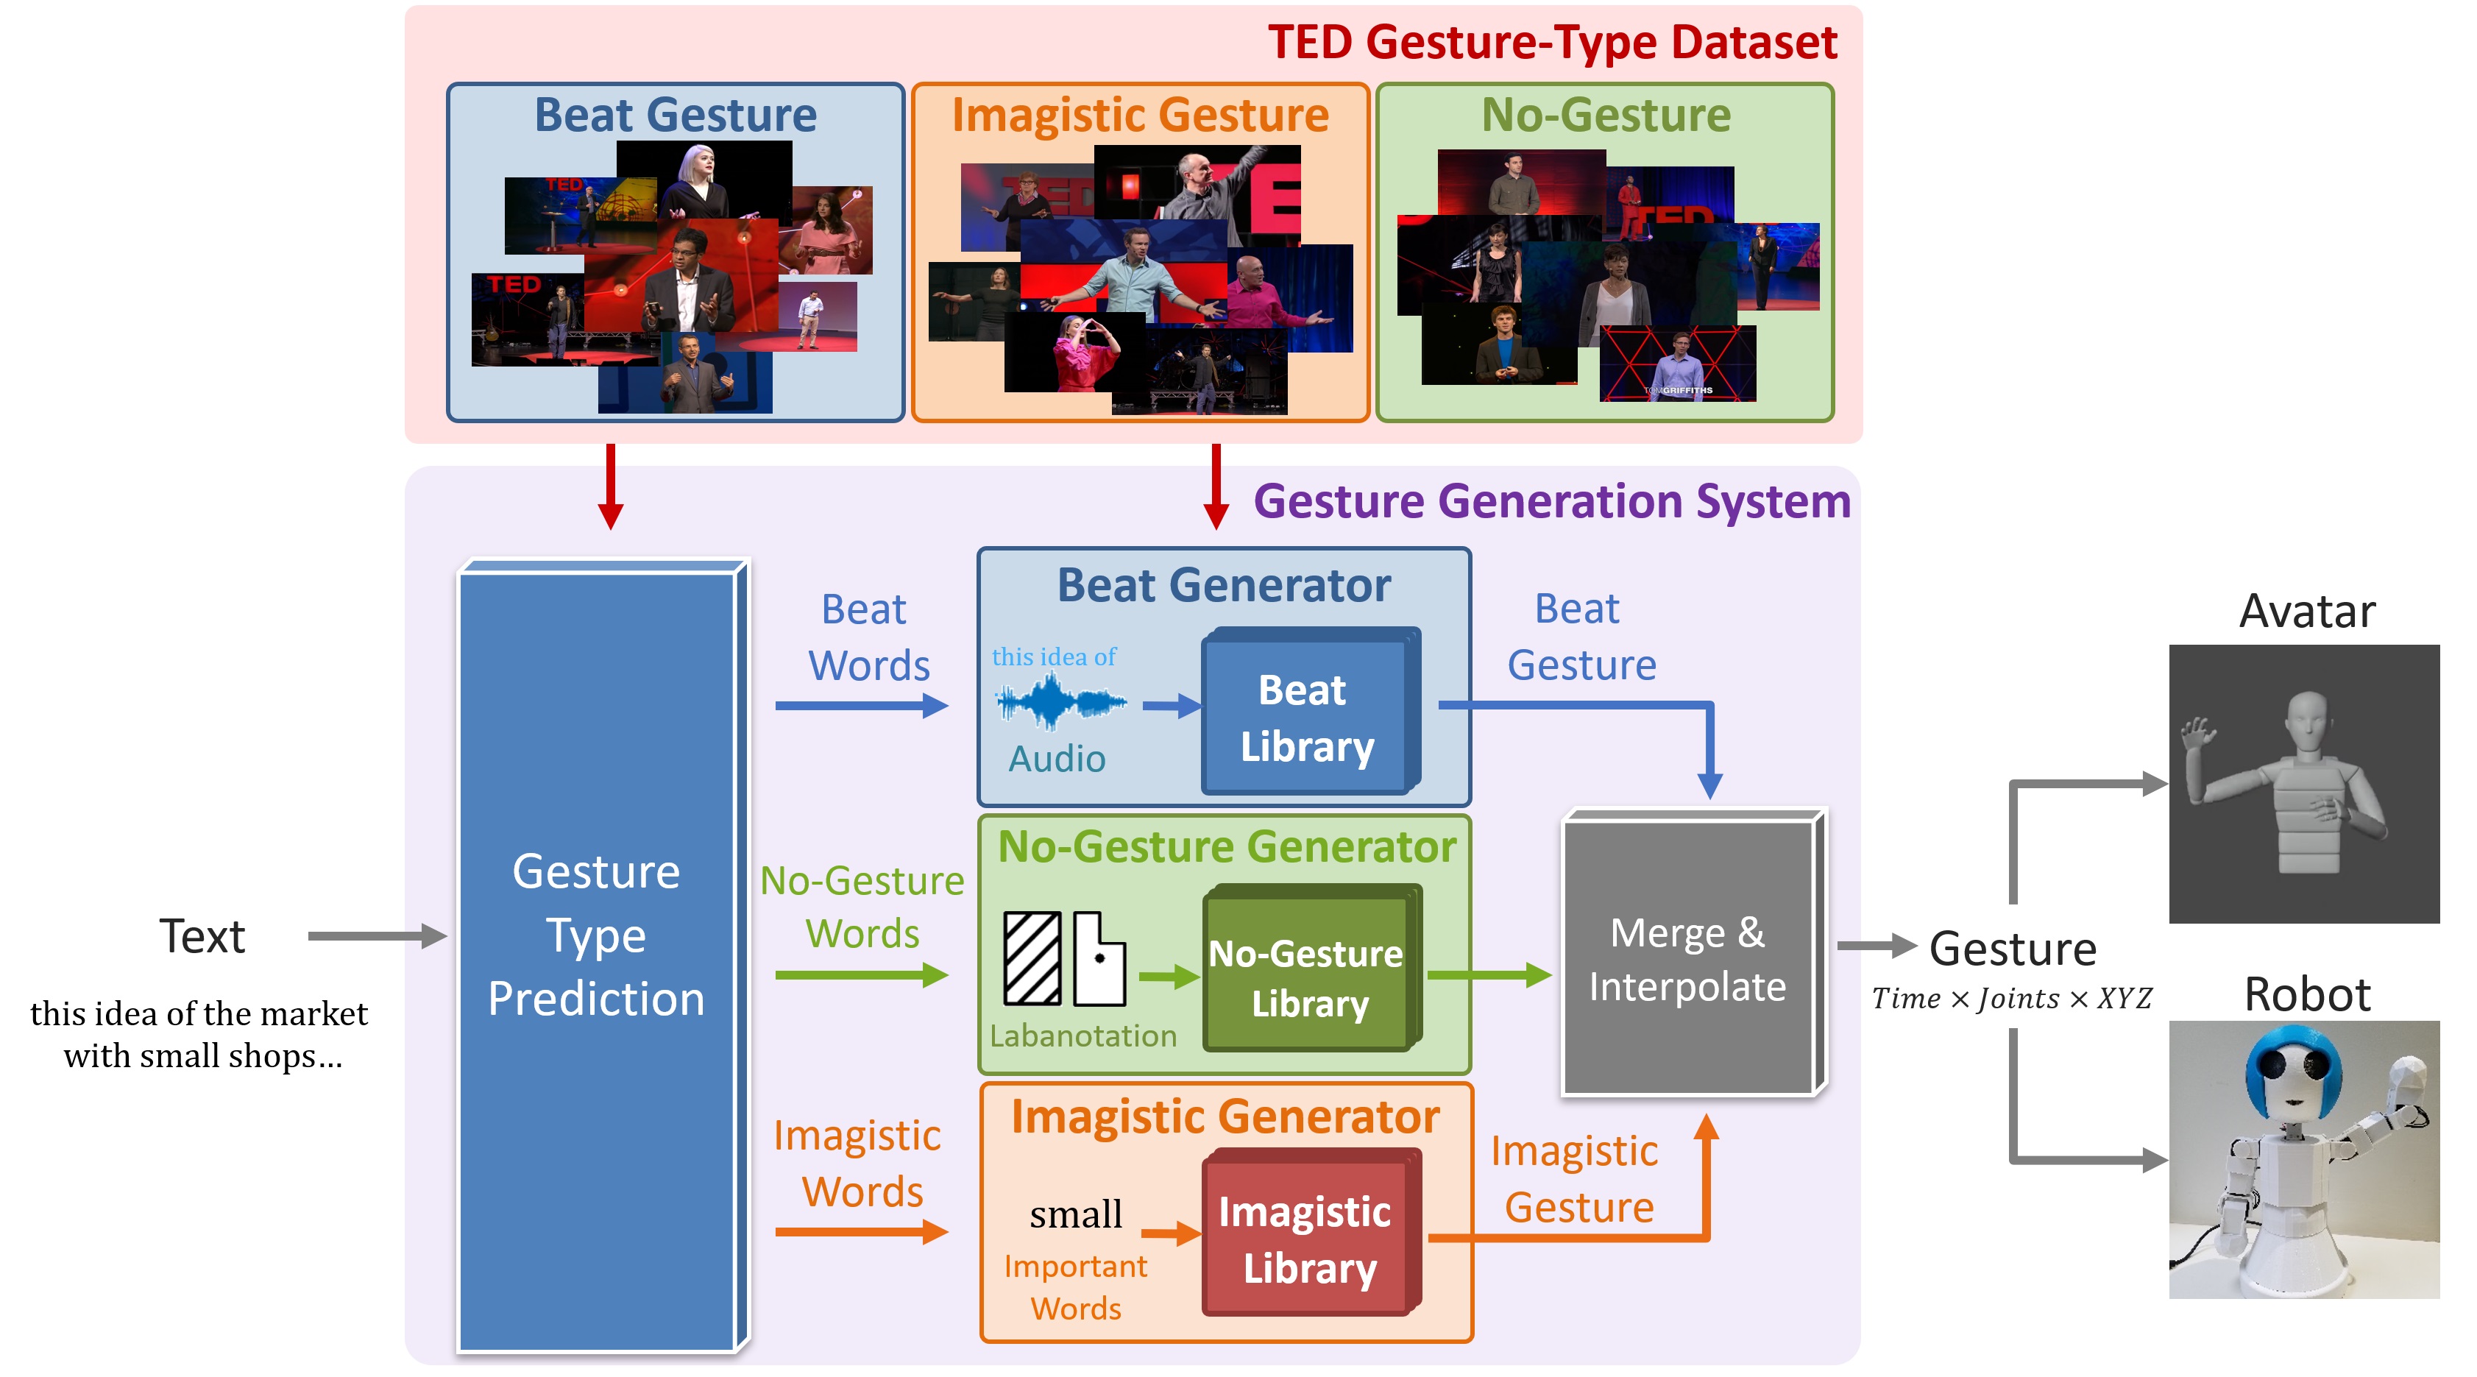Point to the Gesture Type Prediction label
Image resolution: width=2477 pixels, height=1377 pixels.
coord(596,935)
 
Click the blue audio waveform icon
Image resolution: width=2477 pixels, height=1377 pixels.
coord(1060,703)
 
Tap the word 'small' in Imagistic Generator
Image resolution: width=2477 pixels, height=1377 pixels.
coord(1075,1214)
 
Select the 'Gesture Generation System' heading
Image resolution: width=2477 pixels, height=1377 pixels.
coord(1551,501)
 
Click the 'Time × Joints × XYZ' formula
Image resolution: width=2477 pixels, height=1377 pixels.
coord(2012,999)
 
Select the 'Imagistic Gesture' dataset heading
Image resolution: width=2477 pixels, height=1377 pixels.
coord(1141,116)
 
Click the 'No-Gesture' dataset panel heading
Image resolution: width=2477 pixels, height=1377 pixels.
coord(1606,116)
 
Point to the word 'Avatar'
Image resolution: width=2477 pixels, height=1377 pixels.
coord(2307,612)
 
